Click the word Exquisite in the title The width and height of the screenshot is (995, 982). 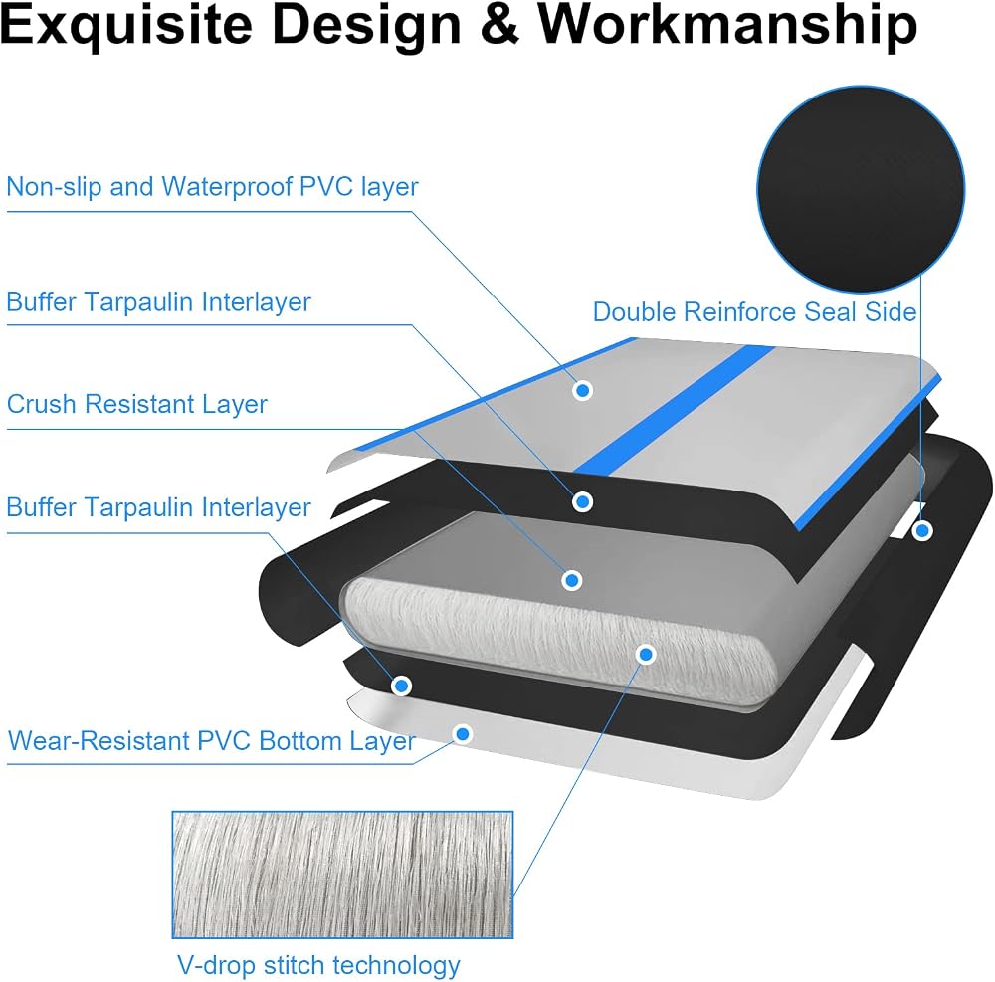(126, 26)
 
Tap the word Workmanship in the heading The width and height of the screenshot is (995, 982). (727, 26)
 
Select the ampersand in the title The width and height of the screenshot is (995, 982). (499, 26)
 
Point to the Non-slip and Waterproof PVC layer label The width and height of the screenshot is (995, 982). (212, 186)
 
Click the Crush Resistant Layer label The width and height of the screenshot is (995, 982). (137, 404)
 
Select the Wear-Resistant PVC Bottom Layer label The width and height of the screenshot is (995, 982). (211, 741)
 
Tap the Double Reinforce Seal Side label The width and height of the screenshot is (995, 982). (754, 312)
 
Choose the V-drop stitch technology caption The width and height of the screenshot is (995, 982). (318, 965)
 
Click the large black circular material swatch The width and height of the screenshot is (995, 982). (861, 190)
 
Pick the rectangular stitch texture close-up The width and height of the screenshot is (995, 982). (342, 875)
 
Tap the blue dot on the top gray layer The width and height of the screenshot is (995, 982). (582, 390)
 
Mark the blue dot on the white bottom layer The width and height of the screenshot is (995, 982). (463, 734)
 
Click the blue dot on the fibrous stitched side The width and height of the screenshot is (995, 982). (646, 654)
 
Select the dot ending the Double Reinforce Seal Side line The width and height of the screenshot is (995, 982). (922, 530)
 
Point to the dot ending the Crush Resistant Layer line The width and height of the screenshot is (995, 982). (572, 580)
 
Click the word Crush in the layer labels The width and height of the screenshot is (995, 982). (42, 404)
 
